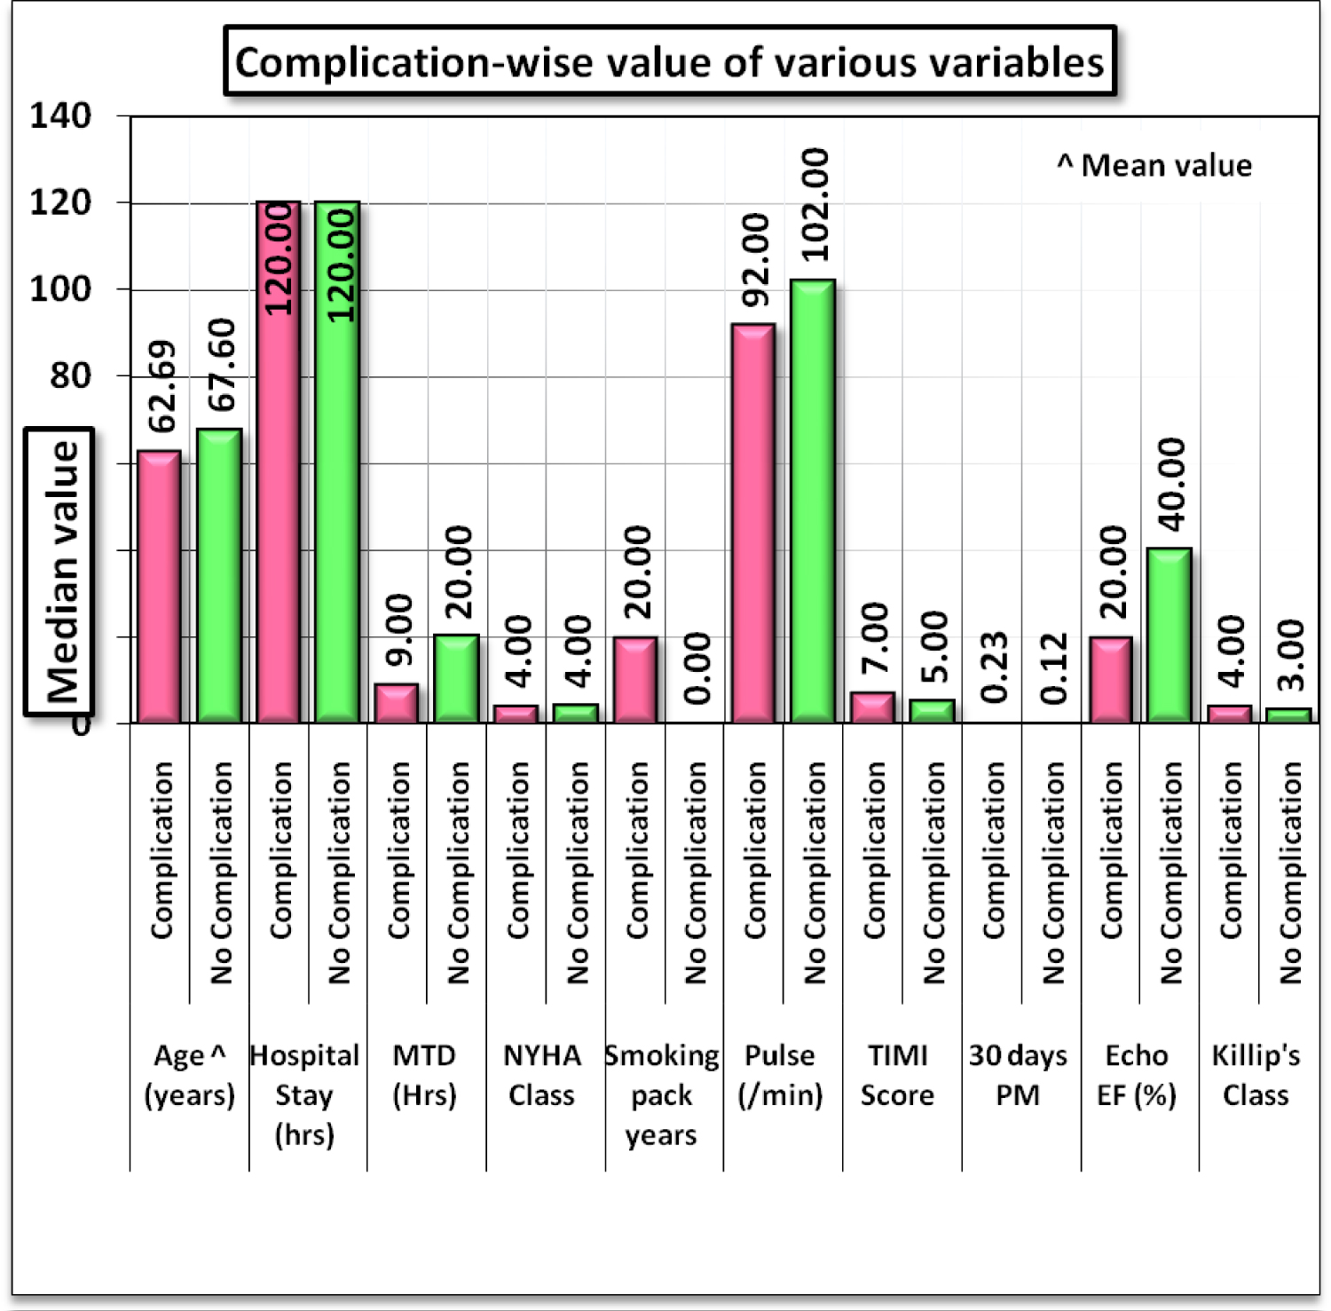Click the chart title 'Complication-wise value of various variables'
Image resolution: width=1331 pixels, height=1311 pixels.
670,62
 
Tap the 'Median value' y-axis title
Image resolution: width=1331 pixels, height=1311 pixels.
61,571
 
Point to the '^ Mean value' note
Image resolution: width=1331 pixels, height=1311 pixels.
1154,165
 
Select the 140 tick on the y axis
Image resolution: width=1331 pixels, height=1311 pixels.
60,115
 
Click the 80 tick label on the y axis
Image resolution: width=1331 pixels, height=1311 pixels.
70,375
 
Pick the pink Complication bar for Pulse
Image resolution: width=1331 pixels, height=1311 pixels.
752,523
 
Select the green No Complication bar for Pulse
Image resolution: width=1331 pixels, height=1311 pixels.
813,501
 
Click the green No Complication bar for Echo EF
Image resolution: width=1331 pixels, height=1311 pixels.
1169,636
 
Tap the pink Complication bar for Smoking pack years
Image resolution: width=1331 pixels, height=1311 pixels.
635,679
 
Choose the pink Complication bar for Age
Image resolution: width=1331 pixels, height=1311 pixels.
159,587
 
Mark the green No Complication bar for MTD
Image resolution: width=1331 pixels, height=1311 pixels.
456,678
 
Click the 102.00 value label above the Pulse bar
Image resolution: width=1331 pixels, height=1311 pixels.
815,205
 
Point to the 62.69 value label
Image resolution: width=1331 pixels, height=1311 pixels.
161,386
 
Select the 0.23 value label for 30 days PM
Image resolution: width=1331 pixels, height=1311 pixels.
995,667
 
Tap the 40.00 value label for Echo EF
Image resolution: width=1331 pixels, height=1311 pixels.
1171,485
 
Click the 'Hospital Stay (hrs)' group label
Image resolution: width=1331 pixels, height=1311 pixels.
304,1094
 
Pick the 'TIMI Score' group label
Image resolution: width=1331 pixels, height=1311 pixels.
897,1075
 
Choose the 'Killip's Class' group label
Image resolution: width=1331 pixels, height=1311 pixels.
1256,1075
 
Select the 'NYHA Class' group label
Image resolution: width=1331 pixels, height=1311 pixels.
541,1075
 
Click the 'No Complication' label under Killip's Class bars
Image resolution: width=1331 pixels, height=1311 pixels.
1289,873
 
